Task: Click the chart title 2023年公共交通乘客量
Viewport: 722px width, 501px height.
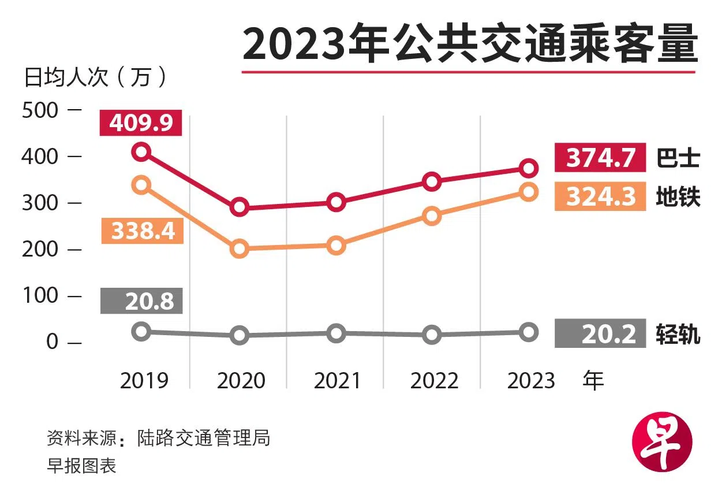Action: (470, 44)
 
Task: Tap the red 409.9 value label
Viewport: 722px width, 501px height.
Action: (141, 123)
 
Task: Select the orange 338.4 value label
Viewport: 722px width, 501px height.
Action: (142, 231)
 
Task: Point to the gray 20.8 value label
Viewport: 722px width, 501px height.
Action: (141, 300)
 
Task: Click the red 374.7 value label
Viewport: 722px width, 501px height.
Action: (600, 158)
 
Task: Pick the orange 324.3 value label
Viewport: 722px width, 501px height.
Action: (600, 196)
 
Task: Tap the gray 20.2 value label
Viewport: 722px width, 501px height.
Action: (600, 334)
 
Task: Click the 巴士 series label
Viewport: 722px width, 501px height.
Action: (678, 158)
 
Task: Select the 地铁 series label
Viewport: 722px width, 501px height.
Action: (678, 197)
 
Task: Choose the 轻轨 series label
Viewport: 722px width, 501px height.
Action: (678, 334)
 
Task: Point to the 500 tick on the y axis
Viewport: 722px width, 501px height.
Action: (40, 110)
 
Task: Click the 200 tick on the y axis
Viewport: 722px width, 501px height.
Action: (40, 249)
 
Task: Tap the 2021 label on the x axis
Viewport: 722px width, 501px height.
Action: (338, 381)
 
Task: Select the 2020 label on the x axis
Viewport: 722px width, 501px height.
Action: (241, 381)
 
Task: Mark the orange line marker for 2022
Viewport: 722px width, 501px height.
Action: (432, 216)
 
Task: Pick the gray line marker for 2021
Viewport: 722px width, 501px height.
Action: (336, 333)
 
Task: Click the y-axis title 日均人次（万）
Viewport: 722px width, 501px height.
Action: (96, 77)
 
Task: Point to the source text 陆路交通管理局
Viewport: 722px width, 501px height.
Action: (203, 438)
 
